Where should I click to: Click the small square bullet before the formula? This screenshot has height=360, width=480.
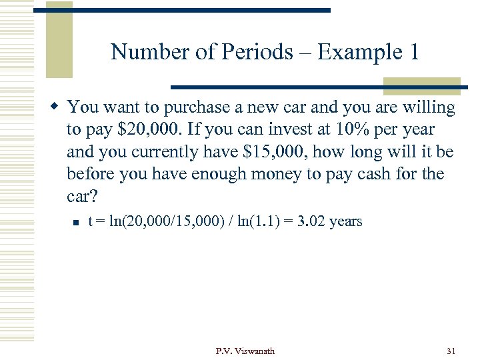coord(76,222)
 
